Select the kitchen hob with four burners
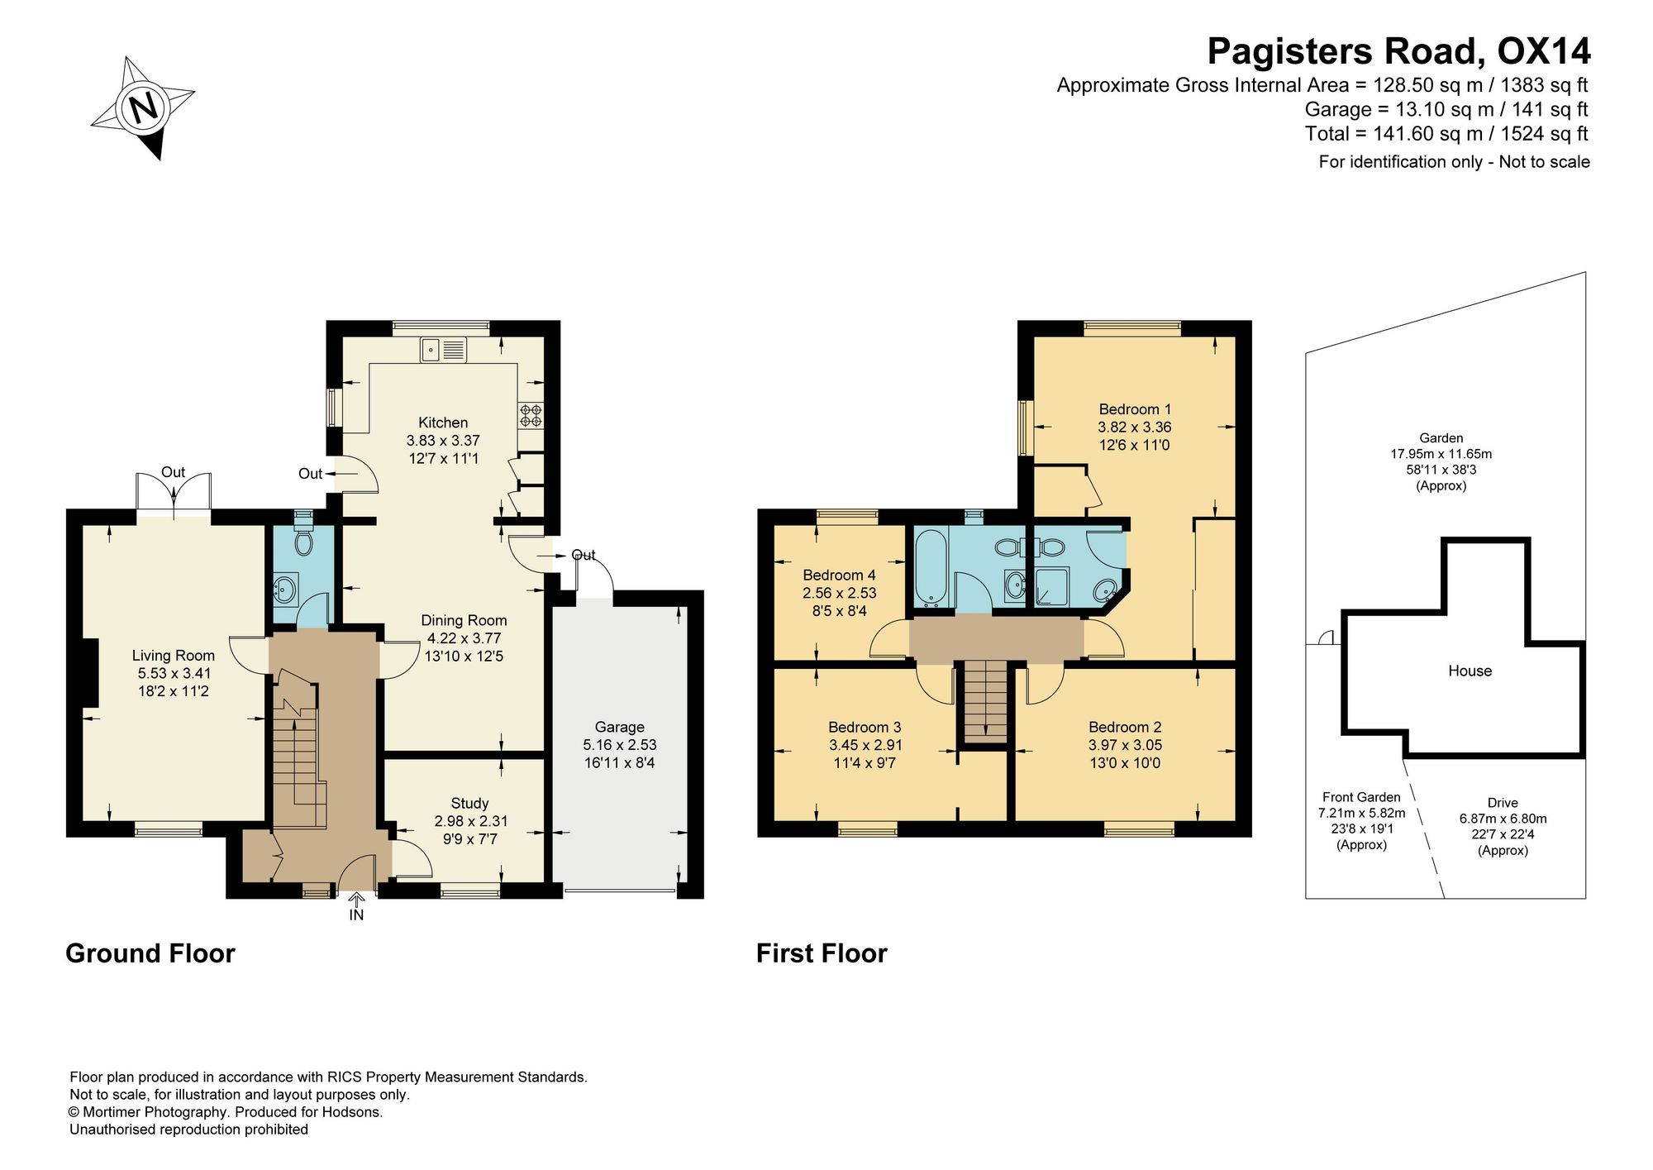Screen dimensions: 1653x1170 click(531, 415)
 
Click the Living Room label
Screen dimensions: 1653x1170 click(173, 656)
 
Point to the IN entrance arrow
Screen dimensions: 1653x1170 click(356, 899)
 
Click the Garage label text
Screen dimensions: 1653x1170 click(619, 727)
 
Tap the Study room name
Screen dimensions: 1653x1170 click(469, 803)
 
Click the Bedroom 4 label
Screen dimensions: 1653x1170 click(839, 575)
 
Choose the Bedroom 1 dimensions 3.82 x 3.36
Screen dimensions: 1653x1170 click(1135, 427)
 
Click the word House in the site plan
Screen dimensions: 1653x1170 click(1470, 671)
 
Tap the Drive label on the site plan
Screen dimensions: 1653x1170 click(1503, 803)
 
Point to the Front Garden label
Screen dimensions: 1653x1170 click(1361, 797)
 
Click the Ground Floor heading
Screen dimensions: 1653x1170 click(150, 953)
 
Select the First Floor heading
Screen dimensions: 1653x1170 click(822, 953)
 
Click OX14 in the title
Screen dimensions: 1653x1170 click(1544, 51)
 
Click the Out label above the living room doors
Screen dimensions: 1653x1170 click(173, 472)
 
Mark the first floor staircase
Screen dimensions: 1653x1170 click(985, 702)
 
